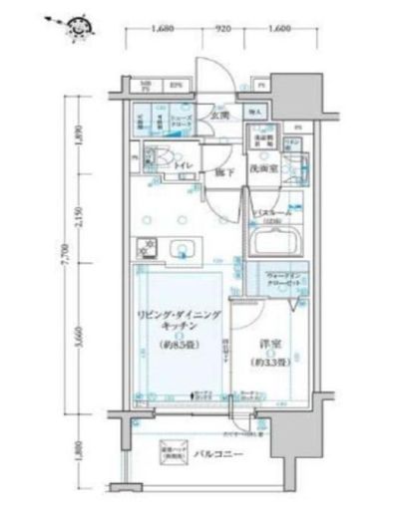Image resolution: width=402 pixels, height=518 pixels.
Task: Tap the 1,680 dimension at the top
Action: (x=165, y=30)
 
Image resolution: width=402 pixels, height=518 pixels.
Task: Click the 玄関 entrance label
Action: (x=219, y=116)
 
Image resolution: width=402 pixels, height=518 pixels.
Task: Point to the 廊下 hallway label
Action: (x=222, y=172)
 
